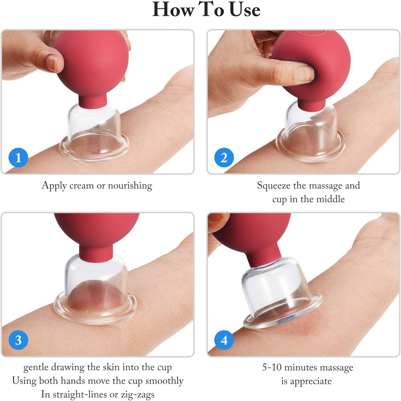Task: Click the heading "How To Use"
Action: [206, 10]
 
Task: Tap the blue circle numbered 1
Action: [18, 157]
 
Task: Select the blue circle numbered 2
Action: [224, 157]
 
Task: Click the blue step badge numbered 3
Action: [18, 340]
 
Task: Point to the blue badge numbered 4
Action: [224, 340]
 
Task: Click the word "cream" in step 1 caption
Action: [81, 186]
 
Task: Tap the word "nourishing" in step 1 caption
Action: [130, 186]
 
